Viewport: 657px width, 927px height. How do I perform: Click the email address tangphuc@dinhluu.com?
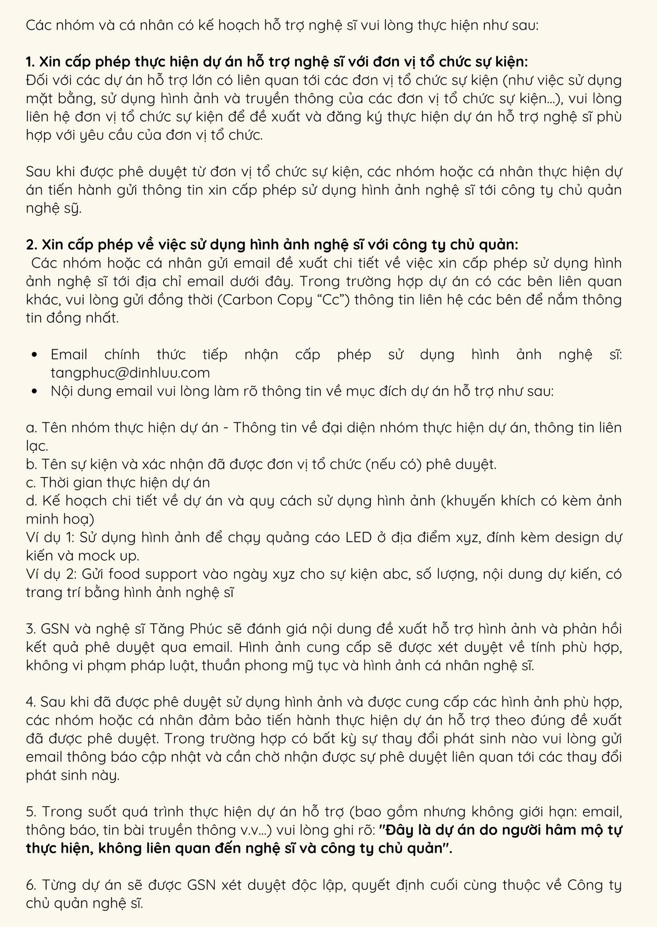tap(130, 373)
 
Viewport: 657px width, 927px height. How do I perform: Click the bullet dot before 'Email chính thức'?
tap(35, 355)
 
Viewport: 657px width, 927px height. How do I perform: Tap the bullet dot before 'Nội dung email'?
tap(35, 392)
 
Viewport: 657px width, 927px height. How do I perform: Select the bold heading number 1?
tap(30, 62)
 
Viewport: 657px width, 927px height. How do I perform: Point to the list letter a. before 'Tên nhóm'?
tap(31, 428)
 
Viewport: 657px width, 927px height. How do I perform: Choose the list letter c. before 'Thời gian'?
tap(31, 483)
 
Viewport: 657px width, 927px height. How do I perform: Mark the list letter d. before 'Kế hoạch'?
tap(32, 501)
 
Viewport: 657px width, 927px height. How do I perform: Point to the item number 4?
tap(31, 702)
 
